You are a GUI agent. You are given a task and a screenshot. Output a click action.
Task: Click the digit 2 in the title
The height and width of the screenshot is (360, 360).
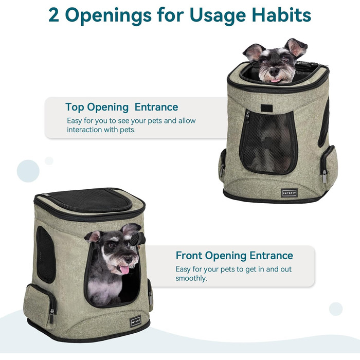(55, 15)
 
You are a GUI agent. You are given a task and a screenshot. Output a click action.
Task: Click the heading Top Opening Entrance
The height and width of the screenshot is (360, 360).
(121, 107)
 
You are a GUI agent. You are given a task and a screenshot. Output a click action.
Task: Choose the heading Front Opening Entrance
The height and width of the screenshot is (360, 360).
(234, 256)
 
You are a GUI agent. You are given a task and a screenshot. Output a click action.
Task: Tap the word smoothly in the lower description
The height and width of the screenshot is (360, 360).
(191, 278)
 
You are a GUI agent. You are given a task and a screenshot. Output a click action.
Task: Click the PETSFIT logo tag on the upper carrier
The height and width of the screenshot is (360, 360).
(288, 192)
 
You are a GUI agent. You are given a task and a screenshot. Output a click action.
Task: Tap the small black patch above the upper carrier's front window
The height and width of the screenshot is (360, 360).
(267, 108)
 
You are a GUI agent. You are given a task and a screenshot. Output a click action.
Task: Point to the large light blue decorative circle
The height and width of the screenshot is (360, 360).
(28, 171)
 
